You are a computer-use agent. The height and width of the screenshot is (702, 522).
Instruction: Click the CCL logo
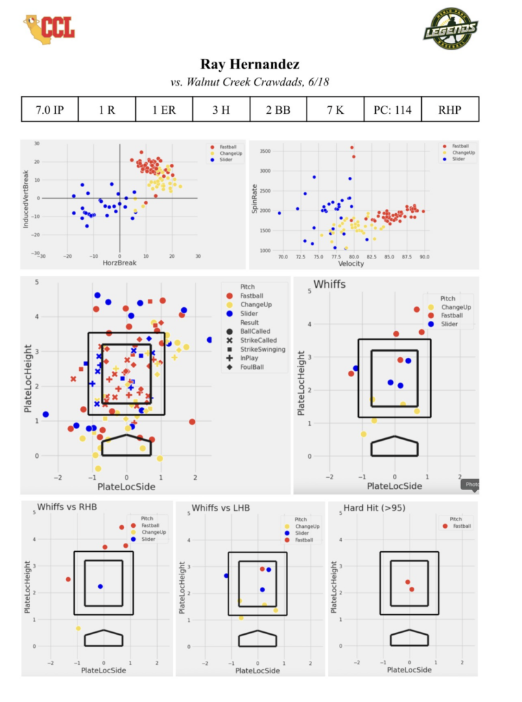coord(49,27)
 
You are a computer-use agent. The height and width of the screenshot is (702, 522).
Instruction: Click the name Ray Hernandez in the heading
coord(250,65)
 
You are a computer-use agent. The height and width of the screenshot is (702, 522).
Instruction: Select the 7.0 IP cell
coord(49,110)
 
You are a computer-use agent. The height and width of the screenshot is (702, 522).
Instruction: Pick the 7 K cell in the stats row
coord(335,110)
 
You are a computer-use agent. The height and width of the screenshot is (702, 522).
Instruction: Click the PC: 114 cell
coord(392,110)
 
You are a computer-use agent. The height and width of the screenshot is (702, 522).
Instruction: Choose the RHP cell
coord(450,110)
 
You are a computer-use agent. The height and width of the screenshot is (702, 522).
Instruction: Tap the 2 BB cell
coord(278,110)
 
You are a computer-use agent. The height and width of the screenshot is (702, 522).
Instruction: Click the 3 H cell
coord(221,110)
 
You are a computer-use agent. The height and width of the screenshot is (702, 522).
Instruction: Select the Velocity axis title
coord(353,265)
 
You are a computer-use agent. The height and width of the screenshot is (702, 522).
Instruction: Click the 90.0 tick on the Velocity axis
coord(424,256)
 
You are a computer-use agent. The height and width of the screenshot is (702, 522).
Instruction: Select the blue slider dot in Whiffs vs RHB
coord(100,586)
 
